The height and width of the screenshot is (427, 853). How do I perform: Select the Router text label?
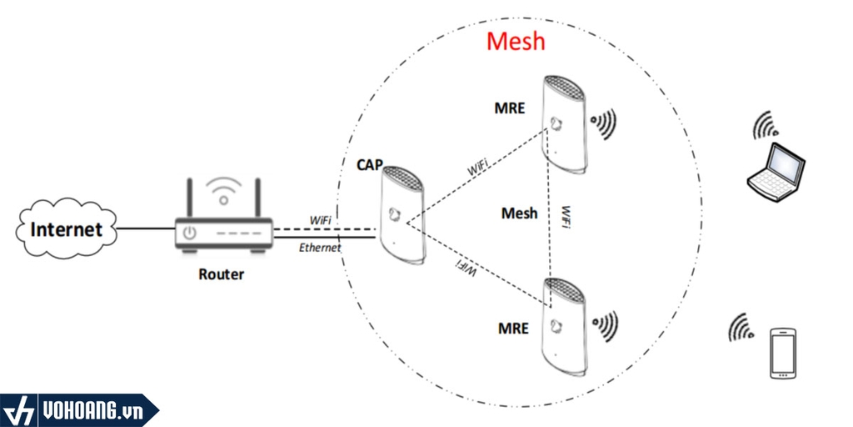click(x=221, y=274)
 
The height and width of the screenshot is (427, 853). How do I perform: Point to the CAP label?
click(x=370, y=164)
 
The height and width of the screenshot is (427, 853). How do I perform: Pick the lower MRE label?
click(x=514, y=328)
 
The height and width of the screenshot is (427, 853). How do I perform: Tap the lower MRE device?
click(x=566, y=329)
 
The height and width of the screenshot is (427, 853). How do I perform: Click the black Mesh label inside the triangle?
click(x=519, y=213)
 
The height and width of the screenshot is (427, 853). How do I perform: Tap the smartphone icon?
click(x=783, y=354)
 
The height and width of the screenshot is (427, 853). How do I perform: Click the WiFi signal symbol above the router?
click(x=222, y=191)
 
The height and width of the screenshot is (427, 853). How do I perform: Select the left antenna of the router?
click(x=191, y=197)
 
